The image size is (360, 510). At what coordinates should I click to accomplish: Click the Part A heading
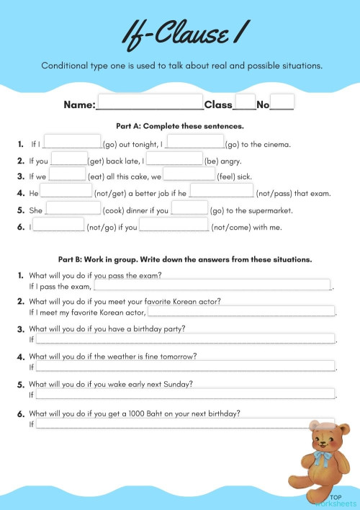tap(180, 125)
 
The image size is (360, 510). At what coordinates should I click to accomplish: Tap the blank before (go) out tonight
tap(72, 141)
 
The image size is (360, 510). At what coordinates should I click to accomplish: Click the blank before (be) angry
tap(174, 158)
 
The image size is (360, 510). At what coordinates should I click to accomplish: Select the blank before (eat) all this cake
tap(68, 174)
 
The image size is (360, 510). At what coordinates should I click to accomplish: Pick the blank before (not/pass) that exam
tap(222, 191)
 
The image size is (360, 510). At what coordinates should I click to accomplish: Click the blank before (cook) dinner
tap(73, 208)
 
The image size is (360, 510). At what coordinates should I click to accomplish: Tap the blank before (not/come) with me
tap(174, 225)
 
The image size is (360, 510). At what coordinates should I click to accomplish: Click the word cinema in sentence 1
tap(274, 145)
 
